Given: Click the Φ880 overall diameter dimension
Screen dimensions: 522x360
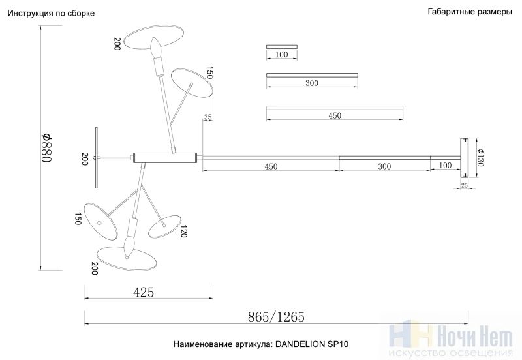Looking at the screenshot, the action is (46, 148).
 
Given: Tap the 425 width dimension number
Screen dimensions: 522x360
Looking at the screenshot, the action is (144, 292).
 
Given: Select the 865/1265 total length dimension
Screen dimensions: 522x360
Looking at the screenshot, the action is (276, 317).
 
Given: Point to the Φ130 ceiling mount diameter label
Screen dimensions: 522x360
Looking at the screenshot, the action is (480, 157).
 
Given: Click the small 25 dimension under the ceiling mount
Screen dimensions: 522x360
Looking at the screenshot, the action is (464, 185).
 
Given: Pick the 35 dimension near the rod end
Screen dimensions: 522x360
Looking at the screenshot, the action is (207, 117).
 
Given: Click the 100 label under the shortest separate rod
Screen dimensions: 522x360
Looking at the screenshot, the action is (282, 54).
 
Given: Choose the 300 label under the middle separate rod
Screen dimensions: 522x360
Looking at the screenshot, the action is (312, 83).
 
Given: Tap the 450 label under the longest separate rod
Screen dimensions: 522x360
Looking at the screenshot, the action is (335, 115).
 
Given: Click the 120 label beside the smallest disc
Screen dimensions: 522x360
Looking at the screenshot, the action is (183, 232).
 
